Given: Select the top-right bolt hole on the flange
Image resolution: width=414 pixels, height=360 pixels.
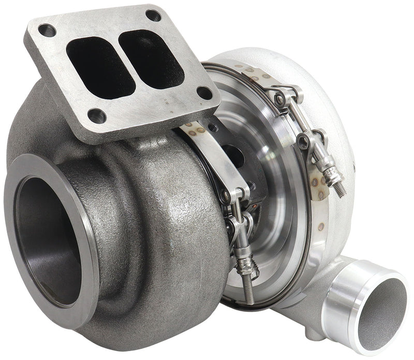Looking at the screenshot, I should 153,16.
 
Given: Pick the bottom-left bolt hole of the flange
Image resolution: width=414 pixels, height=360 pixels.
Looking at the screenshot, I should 97,114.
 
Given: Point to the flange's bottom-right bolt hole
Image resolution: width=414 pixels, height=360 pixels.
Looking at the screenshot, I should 205,93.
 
